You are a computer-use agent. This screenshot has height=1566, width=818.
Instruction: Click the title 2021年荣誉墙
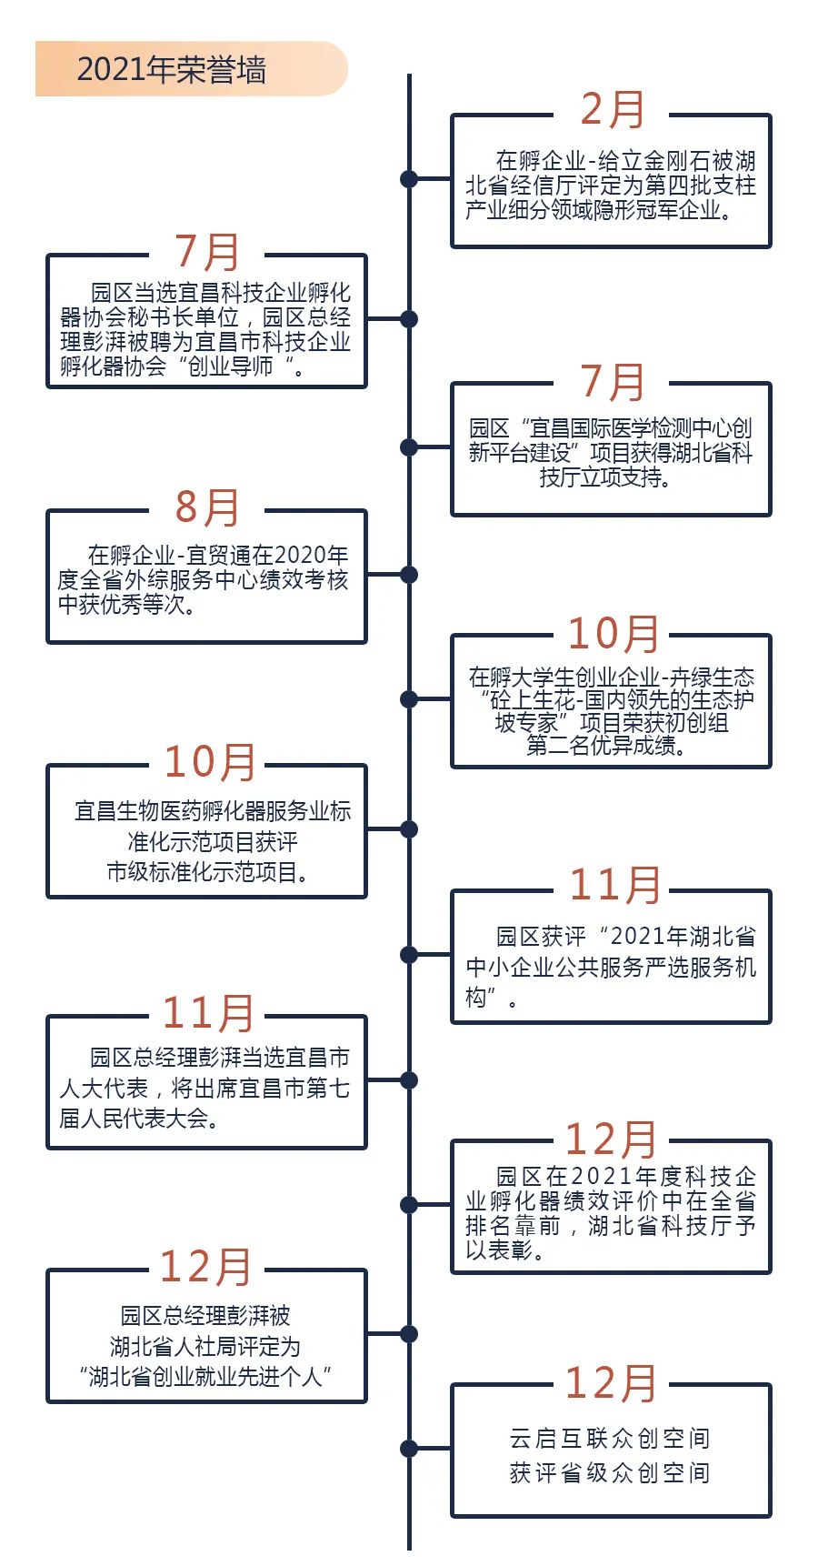tap(171, 70)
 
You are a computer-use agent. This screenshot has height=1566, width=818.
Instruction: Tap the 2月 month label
tap(612, 110)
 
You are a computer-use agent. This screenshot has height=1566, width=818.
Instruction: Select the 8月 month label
tap(206, 507)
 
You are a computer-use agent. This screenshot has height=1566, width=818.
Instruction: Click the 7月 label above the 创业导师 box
tap(206, 252)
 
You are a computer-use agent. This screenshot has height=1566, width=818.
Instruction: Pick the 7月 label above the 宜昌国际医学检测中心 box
tap(612, 382)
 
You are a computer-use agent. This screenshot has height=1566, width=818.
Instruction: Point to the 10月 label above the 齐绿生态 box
tap(613, 633)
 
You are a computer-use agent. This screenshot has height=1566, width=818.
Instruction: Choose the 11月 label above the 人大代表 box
tap(208, 1013)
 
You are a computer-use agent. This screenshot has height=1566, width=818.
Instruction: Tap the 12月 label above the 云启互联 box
tap(611, 1383)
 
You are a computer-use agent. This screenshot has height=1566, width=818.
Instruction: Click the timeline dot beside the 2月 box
tap(409, 179)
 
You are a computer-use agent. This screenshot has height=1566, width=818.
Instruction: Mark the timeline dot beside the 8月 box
tap(409, 575)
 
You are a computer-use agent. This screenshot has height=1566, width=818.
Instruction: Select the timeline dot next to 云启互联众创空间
tap(409, 1449)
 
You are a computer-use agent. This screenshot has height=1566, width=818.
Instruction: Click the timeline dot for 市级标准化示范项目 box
tap(409, 829)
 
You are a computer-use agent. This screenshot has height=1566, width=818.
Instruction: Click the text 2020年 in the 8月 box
tap(311, 555)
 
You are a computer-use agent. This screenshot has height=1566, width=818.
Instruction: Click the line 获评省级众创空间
tap(610, 1472)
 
